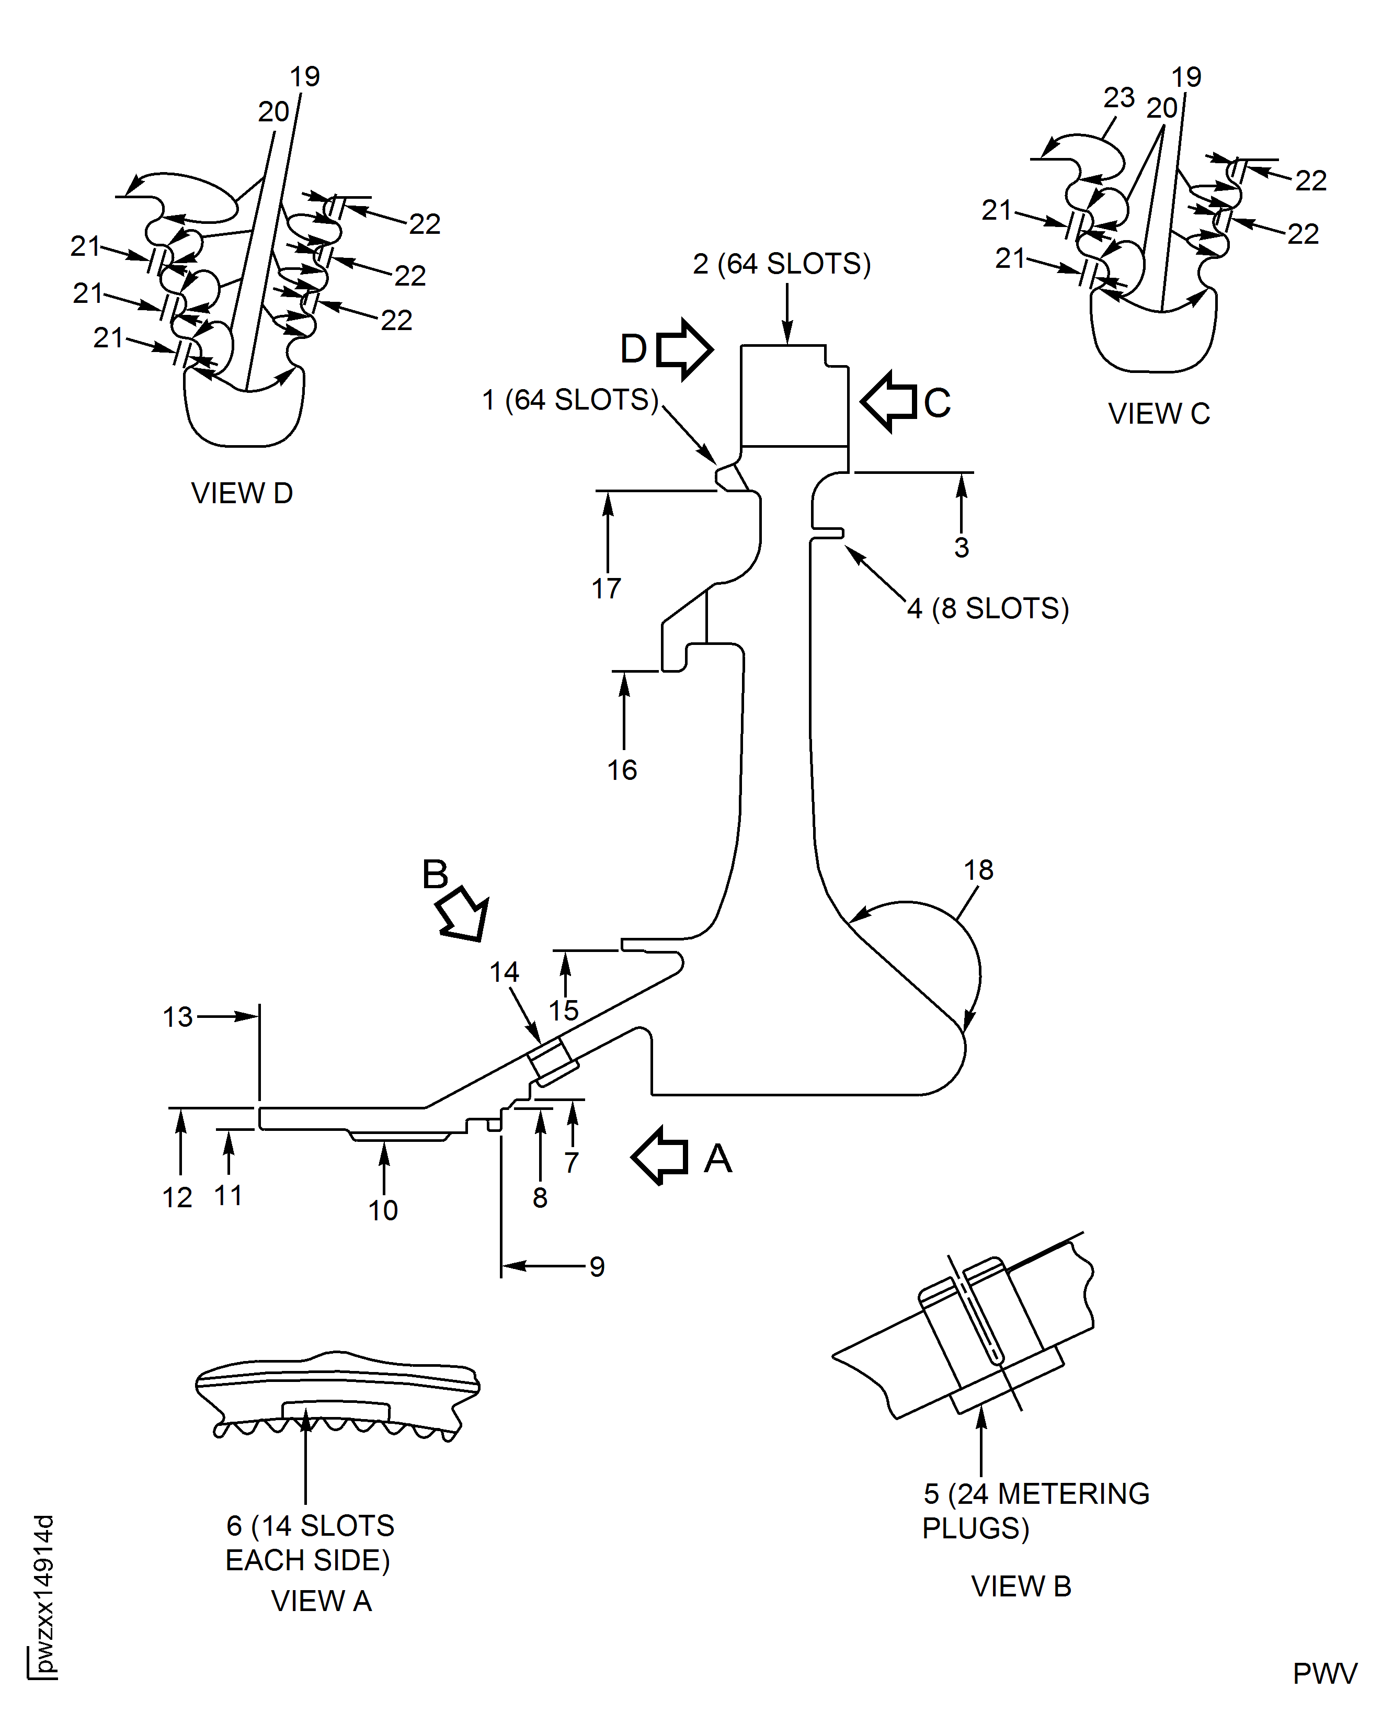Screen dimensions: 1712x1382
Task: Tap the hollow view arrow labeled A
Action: tap(661, 1156)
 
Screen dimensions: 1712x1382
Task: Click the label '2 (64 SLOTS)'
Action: tap(782, 264)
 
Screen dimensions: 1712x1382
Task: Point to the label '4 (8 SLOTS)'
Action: tap(988, 608)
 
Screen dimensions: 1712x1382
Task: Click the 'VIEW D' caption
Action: tap(242, 493)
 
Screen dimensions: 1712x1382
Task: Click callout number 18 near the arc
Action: tap(978, 869)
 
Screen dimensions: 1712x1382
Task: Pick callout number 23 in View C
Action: tap(1118, 97)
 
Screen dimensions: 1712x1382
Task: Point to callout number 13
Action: tap(178, 1017)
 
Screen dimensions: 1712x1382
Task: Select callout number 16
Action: tap(622, 770)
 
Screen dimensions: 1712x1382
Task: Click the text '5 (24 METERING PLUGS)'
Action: tap(1035, 1511)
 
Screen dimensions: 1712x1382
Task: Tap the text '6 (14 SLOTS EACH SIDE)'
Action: tap(309, 1543)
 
